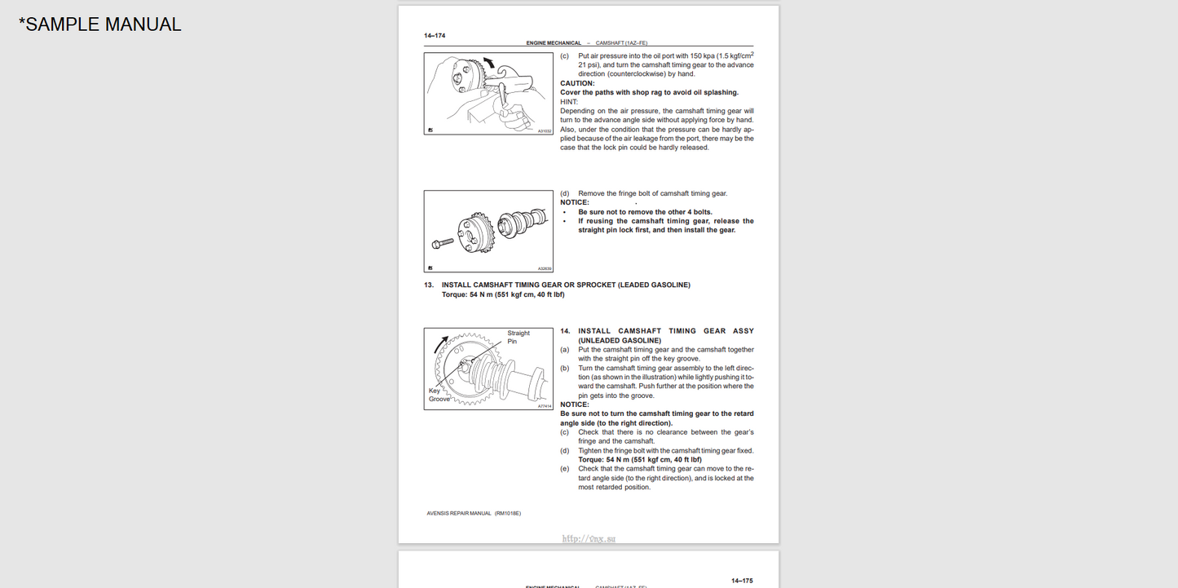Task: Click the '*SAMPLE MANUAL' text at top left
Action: click(99, 24)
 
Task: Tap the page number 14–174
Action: click(435, 35)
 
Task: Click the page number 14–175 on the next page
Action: click(742, 581)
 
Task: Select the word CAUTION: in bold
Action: click(577, 83)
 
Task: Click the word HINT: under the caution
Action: click(569, 102)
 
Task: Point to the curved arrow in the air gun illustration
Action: click(488, 63)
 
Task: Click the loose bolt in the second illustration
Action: click(443, 242)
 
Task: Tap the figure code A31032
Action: click(545, 130)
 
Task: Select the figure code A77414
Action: click(545, 405)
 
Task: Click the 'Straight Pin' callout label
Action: click(518, 337)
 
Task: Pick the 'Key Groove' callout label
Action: click(439, 395)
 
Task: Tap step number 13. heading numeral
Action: click(429, 285)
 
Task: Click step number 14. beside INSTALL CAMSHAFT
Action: click(565, 331)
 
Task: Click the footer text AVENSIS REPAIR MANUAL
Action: click(459, 513)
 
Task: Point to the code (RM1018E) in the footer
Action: click(507, 513)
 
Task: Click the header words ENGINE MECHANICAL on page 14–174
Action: click(554, 43)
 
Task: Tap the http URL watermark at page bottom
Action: click(589, 538)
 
